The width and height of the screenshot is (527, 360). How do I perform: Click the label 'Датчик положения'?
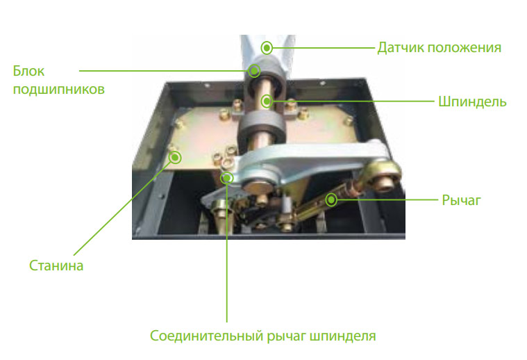[439, 48]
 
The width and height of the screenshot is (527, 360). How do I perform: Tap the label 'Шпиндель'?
[472, 101]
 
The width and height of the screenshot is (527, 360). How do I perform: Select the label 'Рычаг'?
[461, 200]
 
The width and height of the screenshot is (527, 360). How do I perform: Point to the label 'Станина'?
[56, 265]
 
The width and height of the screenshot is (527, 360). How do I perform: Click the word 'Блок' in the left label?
[28, 71]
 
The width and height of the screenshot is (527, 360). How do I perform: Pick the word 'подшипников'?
[59, 90]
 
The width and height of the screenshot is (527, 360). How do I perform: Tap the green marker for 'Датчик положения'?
[267, 48]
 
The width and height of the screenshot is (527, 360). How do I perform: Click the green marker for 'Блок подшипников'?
[254, 71]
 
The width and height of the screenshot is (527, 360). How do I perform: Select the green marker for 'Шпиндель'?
[267, 101]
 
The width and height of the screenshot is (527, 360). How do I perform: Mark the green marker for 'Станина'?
[175, 158]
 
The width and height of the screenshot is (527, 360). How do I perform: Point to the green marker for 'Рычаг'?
[331, 200]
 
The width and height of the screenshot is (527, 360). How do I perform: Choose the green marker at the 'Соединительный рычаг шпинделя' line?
[227, 178]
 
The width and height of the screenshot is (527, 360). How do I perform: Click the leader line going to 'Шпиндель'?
[353, 101]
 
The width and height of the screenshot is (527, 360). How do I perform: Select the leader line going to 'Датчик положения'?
[323, 48]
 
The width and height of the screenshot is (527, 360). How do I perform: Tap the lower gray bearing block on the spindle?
[262, 127]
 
